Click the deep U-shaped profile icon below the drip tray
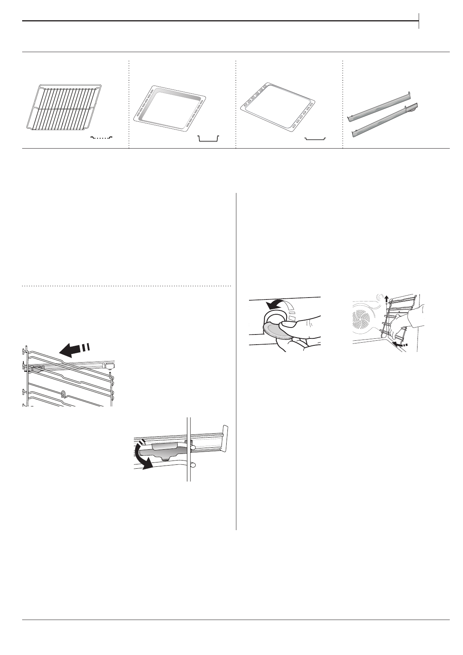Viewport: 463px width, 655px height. (x=208, y=138)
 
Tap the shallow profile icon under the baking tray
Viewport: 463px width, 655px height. (x=314, y=138)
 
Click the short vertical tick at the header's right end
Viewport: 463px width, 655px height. (x=419, y=21)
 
